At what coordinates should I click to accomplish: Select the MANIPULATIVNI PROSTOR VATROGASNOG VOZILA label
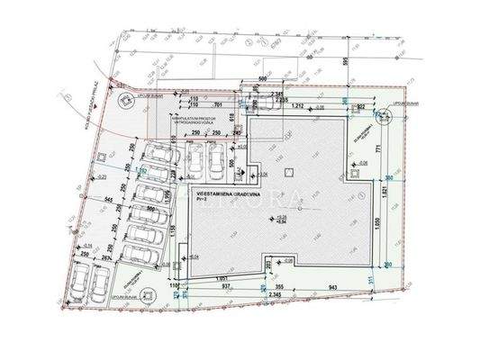195,113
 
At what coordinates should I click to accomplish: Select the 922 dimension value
360,105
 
